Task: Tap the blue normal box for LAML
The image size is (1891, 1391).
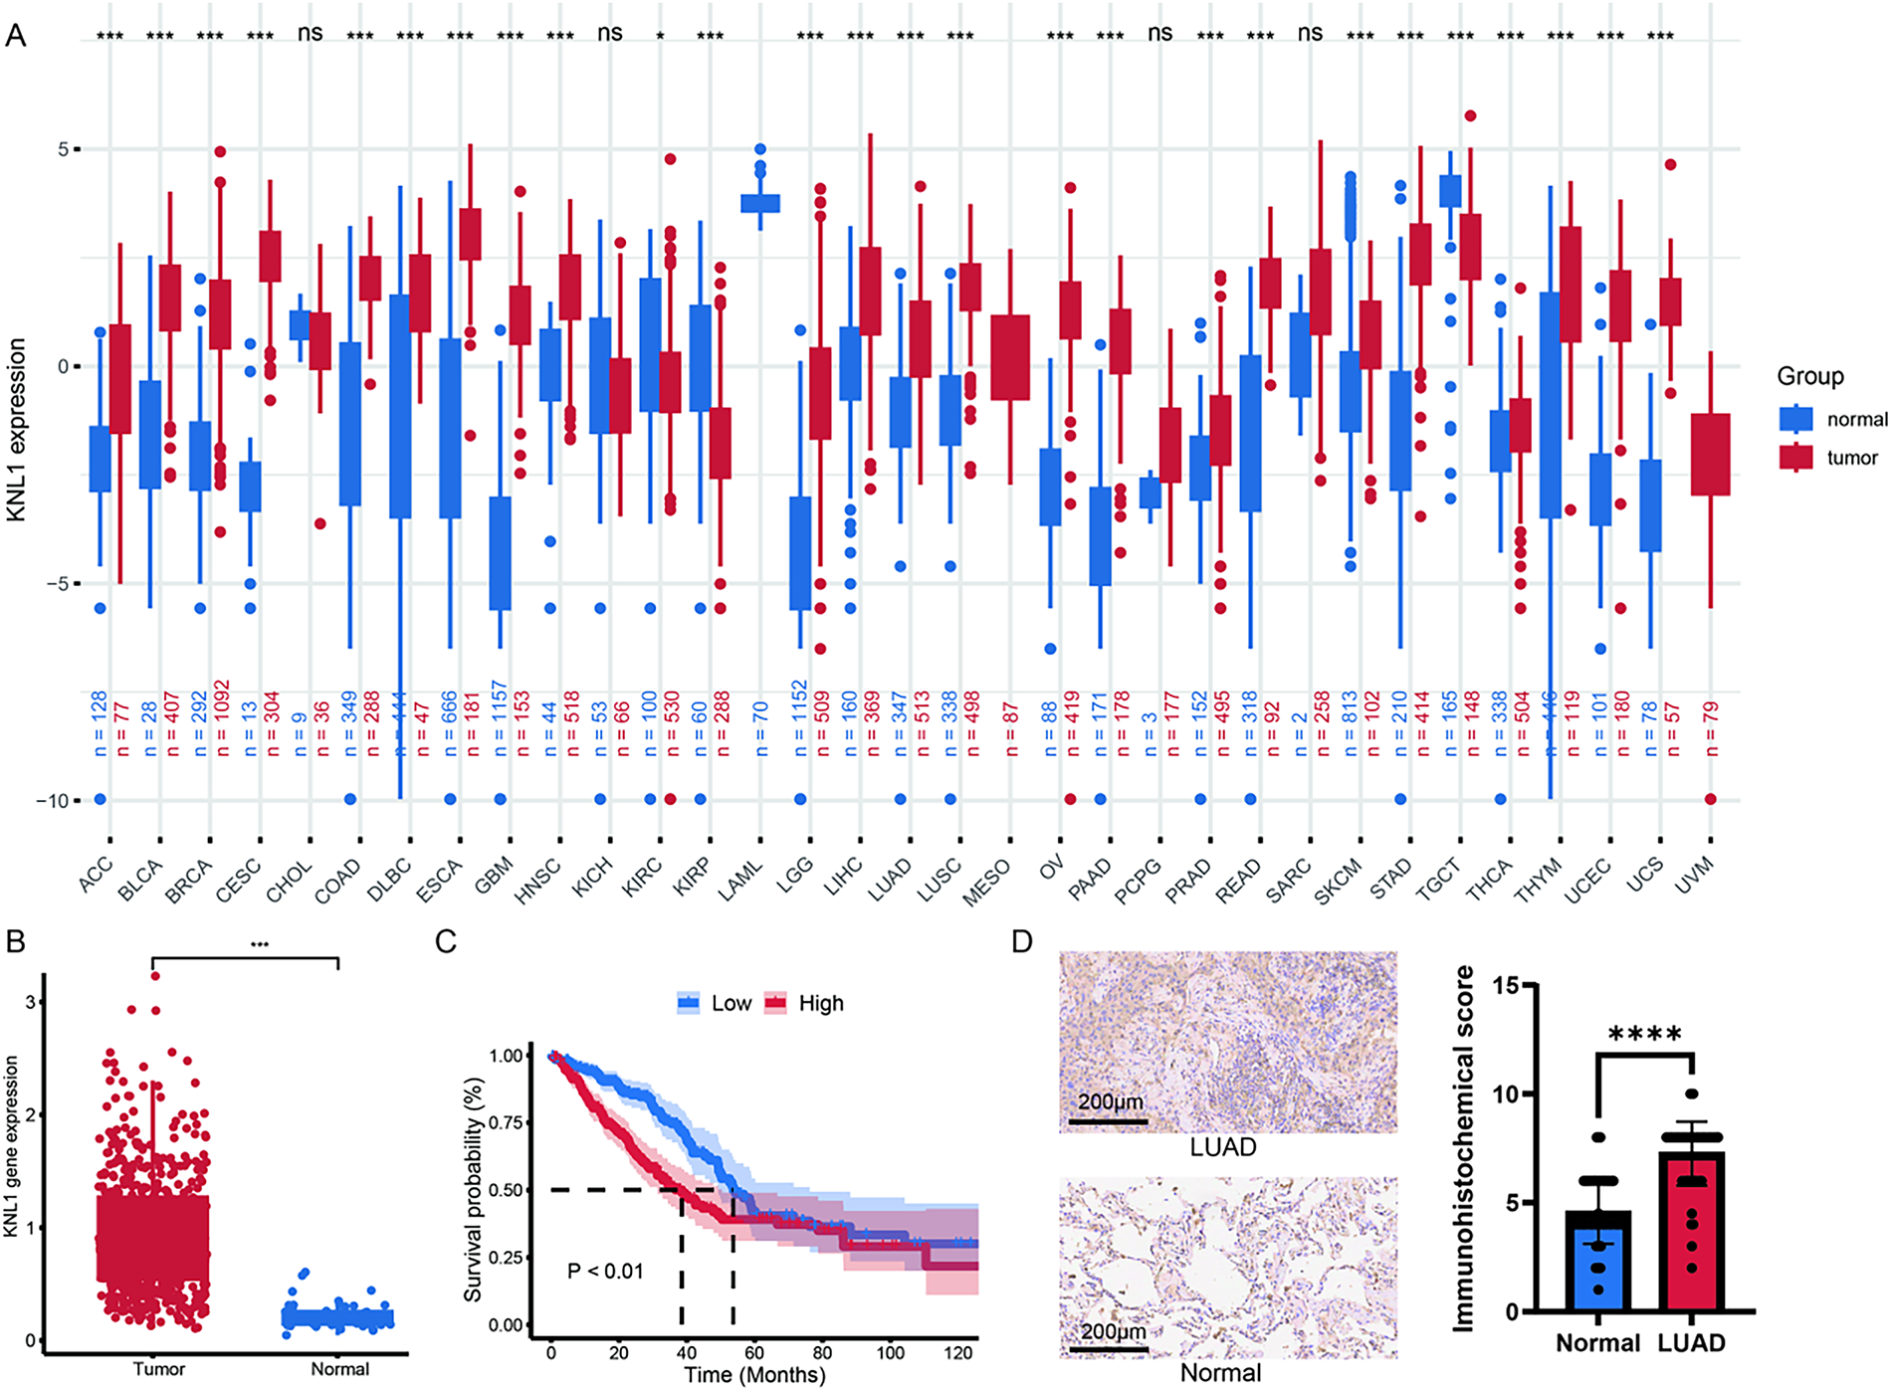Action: (760, 203)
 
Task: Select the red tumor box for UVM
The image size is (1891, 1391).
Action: (1710, 455)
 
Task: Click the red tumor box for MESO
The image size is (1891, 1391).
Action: (1010, 357)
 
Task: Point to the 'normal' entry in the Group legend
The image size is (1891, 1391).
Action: (1856, 420)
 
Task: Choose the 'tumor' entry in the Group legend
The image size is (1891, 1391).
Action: (1851, 459)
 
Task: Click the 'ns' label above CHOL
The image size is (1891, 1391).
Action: (310, 33)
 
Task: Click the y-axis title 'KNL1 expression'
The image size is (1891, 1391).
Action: (17, 429)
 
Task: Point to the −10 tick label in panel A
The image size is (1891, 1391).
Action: (51, 801)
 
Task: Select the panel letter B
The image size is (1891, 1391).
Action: (15, 941)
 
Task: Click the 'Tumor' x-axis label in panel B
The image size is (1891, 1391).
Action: (159, 1369)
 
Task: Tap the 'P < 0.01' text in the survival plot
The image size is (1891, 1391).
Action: (605, 1271)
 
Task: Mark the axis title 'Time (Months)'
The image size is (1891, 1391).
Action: (754, 1375)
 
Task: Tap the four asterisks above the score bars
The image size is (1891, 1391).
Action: (1644, 1036)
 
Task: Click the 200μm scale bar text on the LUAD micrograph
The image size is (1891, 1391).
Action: (1111, 1102)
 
